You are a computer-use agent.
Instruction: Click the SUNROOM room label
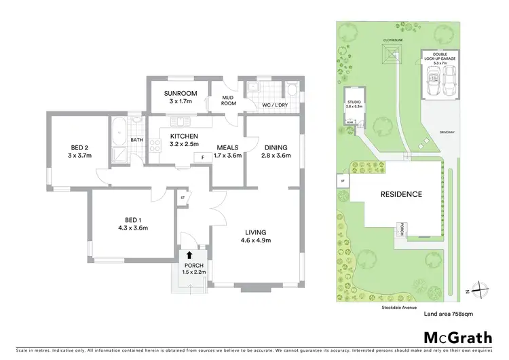(x=181, y=93)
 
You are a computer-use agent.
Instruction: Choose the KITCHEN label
(x=183, y=136)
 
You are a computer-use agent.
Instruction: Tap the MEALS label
(x=227, y=147)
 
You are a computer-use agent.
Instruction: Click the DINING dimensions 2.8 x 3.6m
(x=275, y=156)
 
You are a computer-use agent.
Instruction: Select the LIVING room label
(x=257, y=232)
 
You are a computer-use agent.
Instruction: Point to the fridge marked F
(x=202, y=157)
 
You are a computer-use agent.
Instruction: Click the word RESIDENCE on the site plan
(x=400, y=194)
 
